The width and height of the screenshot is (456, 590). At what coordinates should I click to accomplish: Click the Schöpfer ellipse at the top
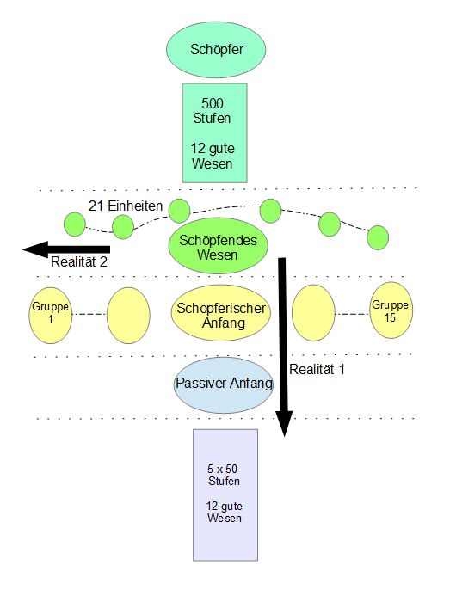(x=216, y=49)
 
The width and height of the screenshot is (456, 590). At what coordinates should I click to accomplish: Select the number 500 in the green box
(x=213, y=103)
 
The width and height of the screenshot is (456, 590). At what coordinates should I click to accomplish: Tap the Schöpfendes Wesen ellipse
(x=218, y=248)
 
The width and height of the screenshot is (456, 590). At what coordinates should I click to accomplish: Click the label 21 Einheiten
(x=126, y=206)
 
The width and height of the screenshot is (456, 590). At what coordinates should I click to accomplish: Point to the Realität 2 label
(x=79, y=261)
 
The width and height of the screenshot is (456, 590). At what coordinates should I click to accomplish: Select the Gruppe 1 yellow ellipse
(x=51, y=316)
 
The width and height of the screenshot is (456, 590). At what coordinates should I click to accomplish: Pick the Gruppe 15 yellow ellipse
(x=391, y=310)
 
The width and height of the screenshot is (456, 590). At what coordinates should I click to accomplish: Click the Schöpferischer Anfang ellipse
(x=221, y=313)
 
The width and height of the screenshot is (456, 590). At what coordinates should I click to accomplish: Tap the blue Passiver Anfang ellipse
(x=224, y=385)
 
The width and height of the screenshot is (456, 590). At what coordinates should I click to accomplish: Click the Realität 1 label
(x=317, y=369)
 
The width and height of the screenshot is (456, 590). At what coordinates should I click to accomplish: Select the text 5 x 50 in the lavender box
(x=222, y=469)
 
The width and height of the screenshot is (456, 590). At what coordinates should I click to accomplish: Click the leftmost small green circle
(x=75, y=224)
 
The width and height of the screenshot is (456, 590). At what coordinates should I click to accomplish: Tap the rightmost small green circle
(x=378, y=237)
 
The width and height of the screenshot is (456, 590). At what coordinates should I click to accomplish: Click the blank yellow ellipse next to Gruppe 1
(x=128, y=316)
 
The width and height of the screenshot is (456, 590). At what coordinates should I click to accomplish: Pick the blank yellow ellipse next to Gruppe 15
(x=313, y=313)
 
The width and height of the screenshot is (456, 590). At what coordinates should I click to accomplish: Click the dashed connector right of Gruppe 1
(x=89, y=314)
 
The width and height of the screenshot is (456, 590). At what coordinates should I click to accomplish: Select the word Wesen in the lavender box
(x=225, y=518)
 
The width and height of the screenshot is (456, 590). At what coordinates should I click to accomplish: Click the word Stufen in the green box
(x=212, y=118)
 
